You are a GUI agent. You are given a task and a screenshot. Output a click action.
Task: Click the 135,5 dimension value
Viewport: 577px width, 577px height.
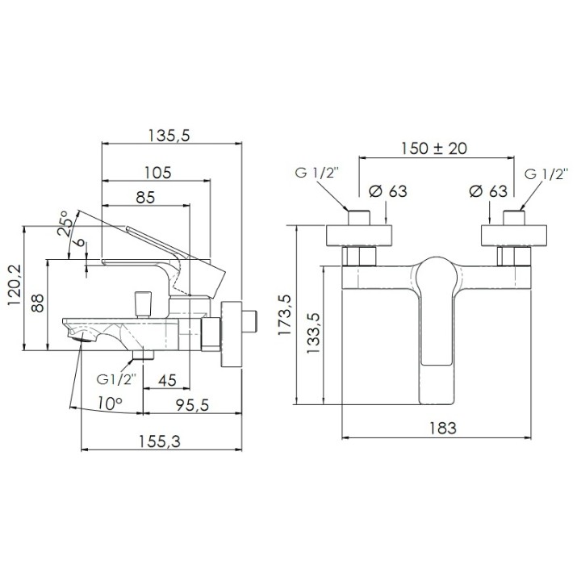[169, 136]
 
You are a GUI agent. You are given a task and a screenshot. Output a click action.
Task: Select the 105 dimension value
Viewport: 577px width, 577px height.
[157, 172]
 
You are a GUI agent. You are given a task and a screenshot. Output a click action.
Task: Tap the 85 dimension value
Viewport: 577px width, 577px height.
[145, 197]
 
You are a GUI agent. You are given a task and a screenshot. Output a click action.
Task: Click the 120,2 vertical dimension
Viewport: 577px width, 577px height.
[15, 286]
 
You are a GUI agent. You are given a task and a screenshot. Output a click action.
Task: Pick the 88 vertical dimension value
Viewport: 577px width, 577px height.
[37, 303]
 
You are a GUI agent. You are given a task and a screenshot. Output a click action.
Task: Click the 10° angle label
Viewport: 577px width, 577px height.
[110, 403]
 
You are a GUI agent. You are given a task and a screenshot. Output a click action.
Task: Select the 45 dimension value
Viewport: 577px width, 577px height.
[167, 380]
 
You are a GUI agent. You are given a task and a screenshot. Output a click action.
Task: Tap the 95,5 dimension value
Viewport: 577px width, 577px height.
[192, 405]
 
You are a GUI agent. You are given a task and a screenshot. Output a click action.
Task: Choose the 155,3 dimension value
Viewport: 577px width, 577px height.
[160, 441]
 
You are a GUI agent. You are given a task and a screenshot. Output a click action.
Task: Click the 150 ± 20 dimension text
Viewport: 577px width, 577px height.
[433, 148]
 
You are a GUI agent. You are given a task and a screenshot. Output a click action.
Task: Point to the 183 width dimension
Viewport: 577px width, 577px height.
[443, 428]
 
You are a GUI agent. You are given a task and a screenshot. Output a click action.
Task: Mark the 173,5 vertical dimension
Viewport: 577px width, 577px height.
[284, 315]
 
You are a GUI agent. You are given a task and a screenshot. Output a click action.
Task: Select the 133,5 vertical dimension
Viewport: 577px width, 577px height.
[313, 333]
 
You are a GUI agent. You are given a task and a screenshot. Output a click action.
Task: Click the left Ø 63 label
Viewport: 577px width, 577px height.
[388, 191]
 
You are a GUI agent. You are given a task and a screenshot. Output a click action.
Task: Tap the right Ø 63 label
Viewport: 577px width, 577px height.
[488, 191]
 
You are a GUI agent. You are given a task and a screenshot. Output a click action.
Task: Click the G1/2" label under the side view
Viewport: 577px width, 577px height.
[116, 379]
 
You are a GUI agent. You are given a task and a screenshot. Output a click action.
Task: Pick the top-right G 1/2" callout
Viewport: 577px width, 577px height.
[544, 174]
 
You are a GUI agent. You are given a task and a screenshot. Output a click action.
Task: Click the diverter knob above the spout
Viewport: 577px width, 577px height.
[143, 304]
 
